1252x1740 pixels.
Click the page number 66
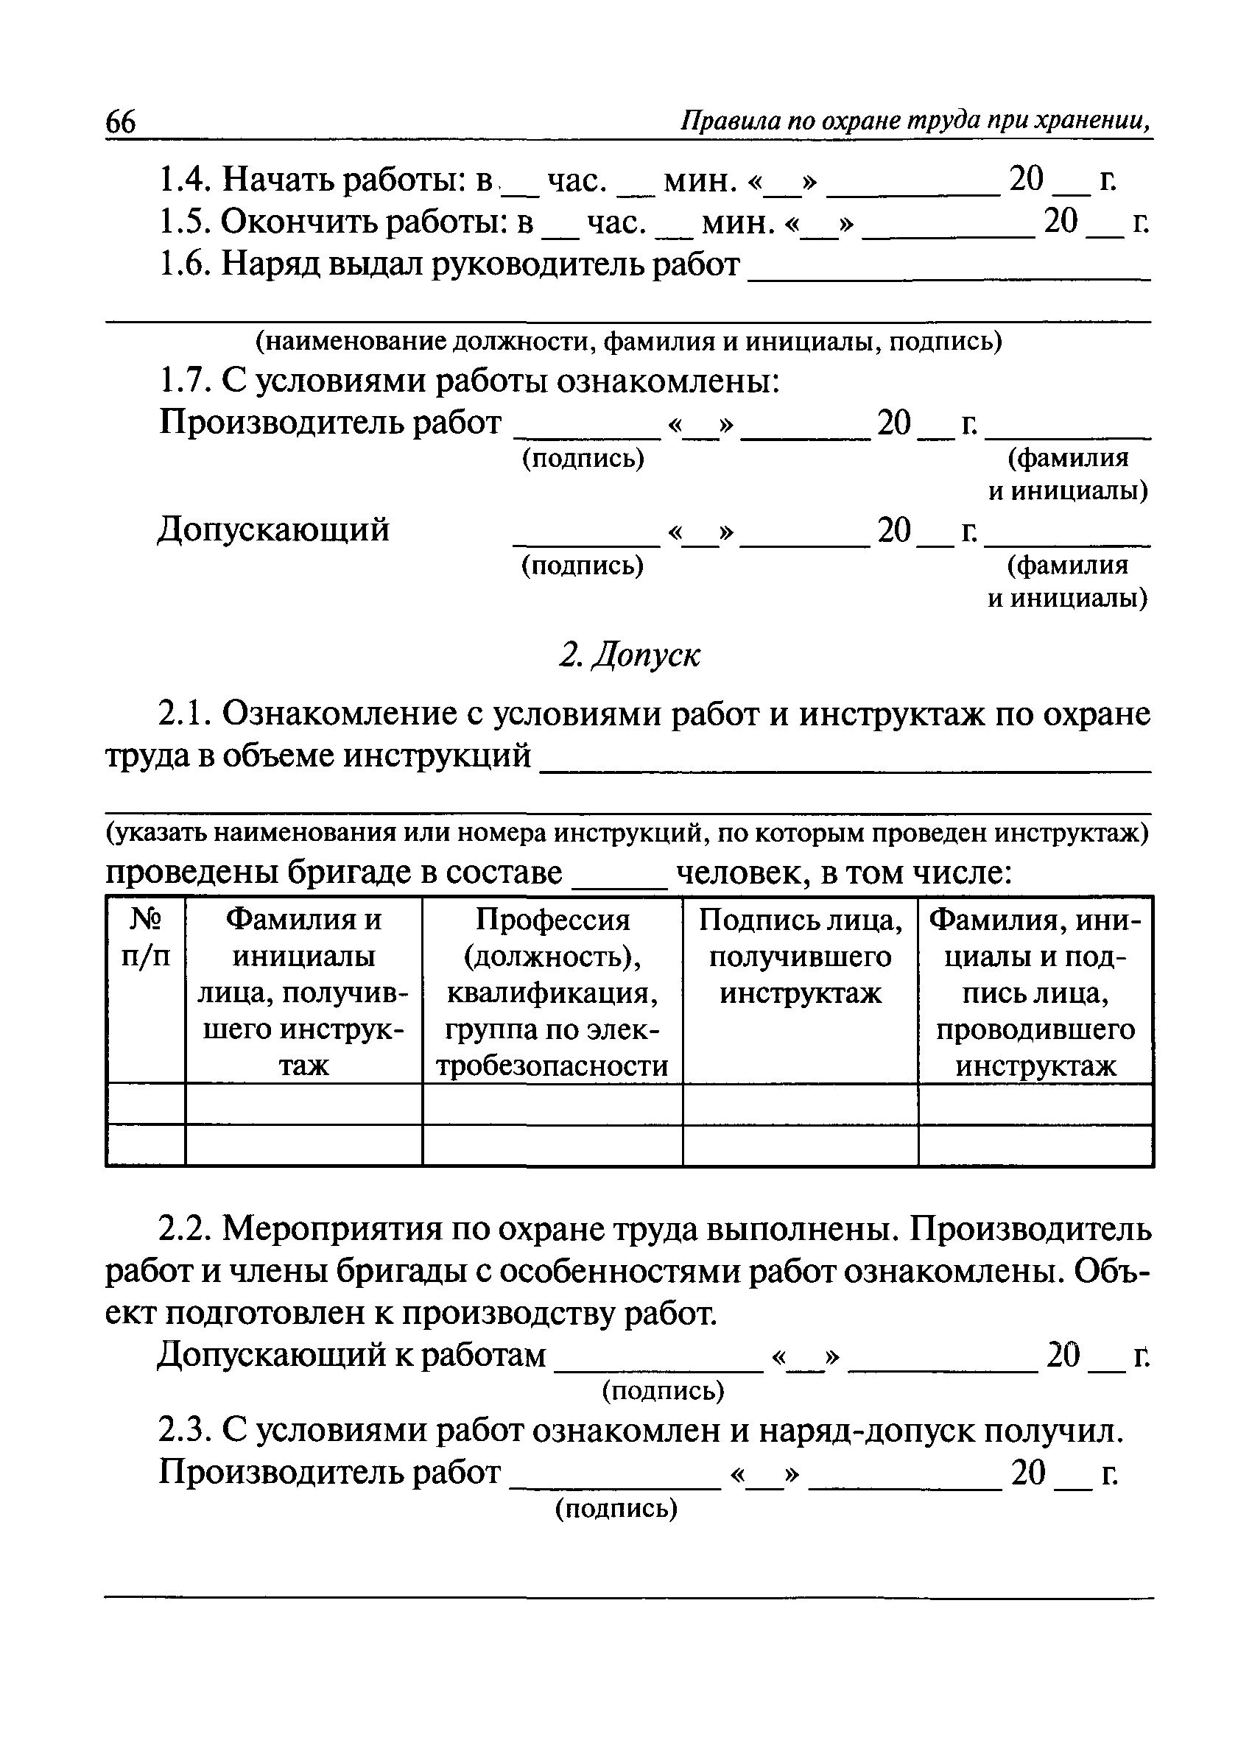tap(121, 123)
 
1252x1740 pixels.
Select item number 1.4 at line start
tap(185, 180)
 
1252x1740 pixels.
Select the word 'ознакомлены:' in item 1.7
tap(667, 381)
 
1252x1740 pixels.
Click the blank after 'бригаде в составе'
tap(621, 882)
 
